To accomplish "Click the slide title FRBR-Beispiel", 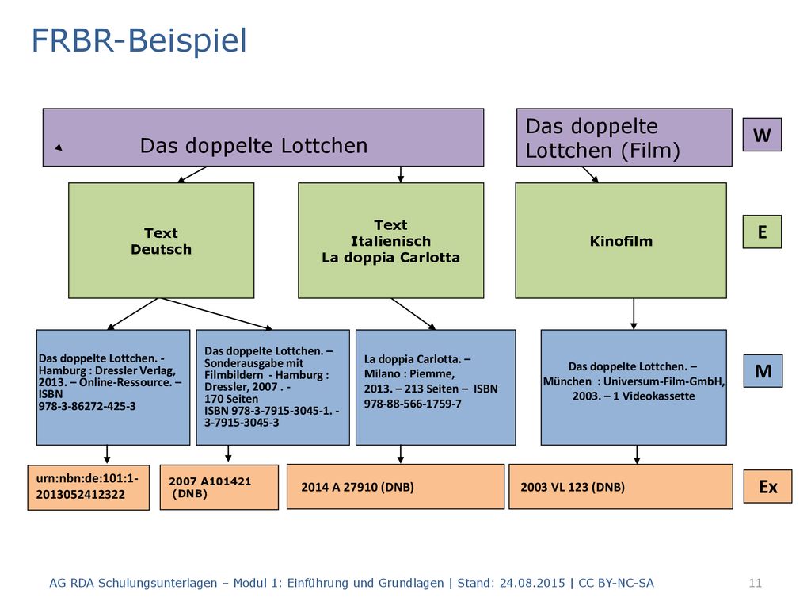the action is point(139,41).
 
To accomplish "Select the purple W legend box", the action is point(762,135).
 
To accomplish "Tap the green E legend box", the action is point(762,232).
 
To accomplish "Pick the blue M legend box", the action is point(763,371).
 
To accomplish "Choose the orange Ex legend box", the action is point(767,486).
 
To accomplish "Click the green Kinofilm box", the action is point(621,240).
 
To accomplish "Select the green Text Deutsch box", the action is point(161,240).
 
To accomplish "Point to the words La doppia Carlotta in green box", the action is point(390,258).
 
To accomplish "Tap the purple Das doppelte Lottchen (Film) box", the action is point(624,137).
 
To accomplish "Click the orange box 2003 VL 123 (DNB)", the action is point(621,486).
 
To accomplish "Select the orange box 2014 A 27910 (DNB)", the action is point(395,486).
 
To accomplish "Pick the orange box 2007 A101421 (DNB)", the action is point(219,487).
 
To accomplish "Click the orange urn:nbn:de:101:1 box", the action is point(89,488).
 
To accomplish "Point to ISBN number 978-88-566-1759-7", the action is point(412,404).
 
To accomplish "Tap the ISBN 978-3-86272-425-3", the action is point(87,406).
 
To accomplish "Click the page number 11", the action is point(755,583).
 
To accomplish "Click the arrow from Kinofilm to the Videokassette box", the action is point(634,314).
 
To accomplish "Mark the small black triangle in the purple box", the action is point(59,147).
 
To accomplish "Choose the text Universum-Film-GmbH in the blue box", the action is point(664,381).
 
